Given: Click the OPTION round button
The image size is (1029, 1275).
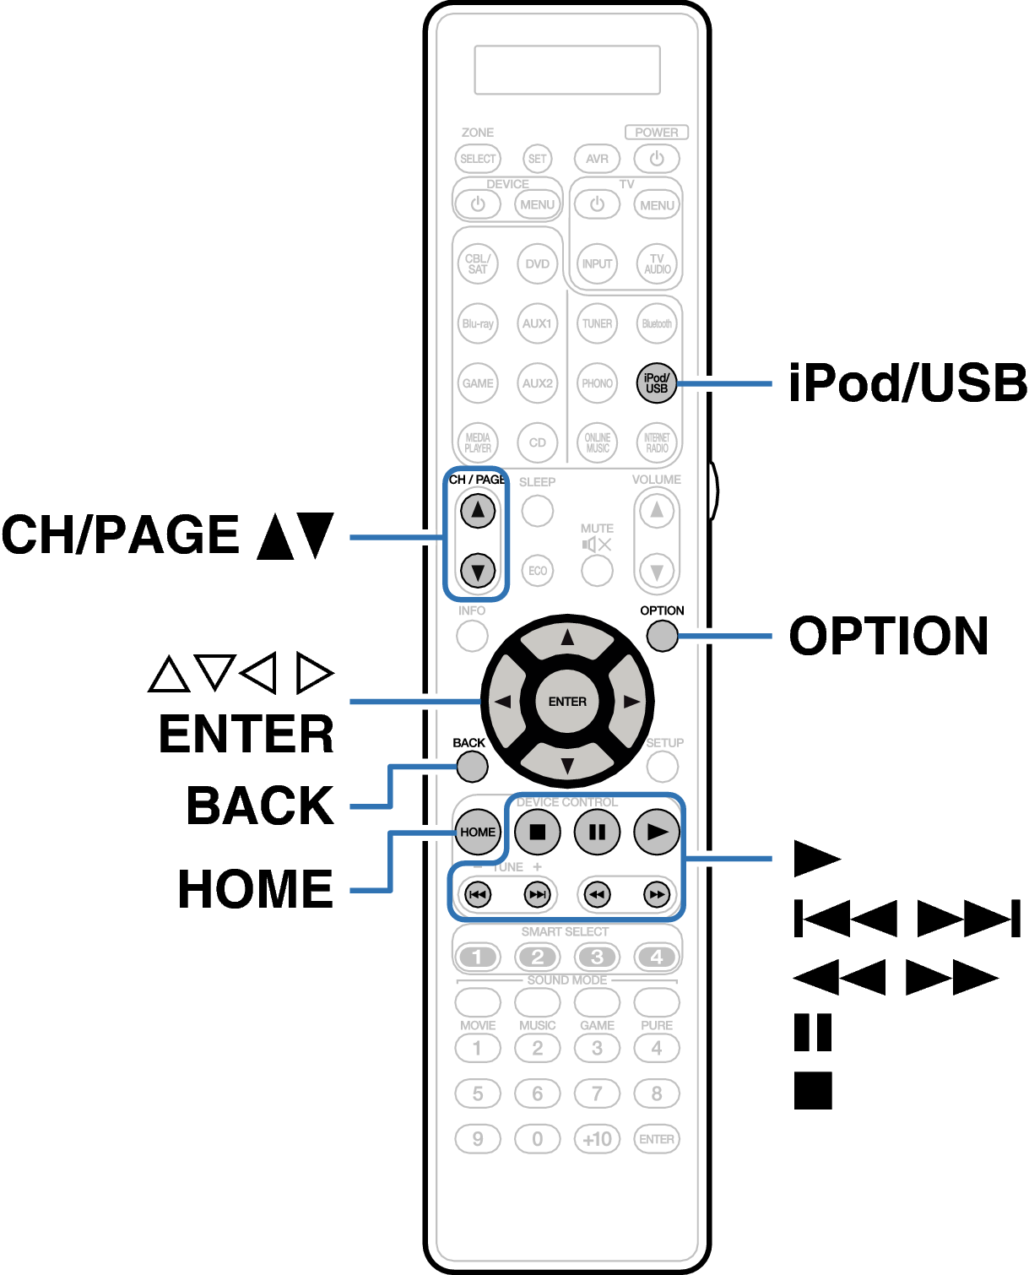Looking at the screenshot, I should pyautogui.click(x=662, y=636).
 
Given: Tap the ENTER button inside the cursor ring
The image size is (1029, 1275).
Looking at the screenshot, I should pyautogui.click(x=567, y=702).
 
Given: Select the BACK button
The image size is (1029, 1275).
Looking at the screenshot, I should pyautogui.click(x=472, y=767).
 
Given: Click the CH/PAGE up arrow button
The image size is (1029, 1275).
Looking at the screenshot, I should pyautogui.click(x=478, y=510).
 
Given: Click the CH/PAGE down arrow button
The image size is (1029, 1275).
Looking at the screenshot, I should pyautogui.click(x=478, y=571).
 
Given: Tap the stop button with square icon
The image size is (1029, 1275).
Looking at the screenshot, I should pyautogui.click(x=537, y=832).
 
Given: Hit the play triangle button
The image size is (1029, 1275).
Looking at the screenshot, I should pyautogui.click(x=657, y=832).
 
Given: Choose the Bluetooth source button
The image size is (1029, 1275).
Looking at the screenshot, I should pyautogui.click(x=657, y=323).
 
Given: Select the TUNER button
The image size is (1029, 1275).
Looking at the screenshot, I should pyautogui.click(x=597, y=323).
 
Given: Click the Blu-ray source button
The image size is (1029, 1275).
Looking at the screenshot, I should pyautogui.click(x=478, y=323).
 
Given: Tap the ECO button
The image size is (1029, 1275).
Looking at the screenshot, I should pyautogui.click(x=538, y=571).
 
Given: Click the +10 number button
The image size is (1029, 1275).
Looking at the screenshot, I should pyautogui.click(x=597, y=1139).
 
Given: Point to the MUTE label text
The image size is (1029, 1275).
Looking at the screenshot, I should pyautogui.click(x=597, y=529).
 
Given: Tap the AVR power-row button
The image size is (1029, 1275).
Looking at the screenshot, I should pyautogui.click(x=597, y=159).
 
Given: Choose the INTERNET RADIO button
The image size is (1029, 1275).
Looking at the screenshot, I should pyautogui.click(x=657, y=442).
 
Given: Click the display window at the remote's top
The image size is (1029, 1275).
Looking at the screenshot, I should pyautogui.click(x=567, y=70).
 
